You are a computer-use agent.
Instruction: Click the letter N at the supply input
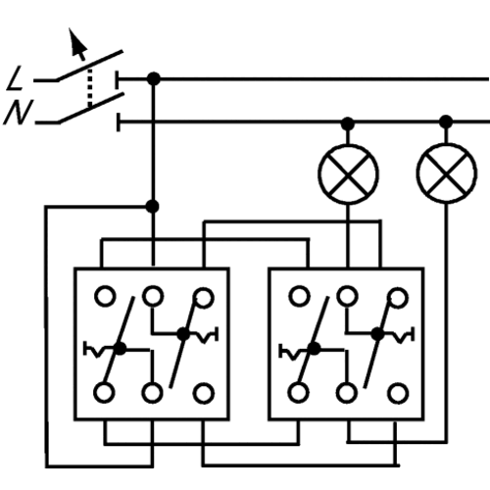click(18, 112)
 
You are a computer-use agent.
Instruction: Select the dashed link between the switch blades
click(90, 87)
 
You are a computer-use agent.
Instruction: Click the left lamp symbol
click(348, 174)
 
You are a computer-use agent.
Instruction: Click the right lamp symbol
click(446, 173)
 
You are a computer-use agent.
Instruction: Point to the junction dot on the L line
click(154, 78)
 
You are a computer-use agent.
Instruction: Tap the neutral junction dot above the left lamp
click(348, 123)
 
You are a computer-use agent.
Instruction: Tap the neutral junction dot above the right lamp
click(446, 122)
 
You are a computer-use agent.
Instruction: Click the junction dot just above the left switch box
click(152, 207)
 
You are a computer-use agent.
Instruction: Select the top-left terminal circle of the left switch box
click(105, 296)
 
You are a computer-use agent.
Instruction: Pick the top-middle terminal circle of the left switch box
click(153, 297)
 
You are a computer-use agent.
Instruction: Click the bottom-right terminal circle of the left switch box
click(204, 393)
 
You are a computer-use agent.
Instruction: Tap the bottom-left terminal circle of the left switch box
click(104, 392)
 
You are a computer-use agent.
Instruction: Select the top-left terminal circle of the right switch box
click(299, 296)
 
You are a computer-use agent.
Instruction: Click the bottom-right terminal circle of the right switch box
click(398, 393)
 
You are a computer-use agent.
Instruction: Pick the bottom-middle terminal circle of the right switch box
click(347, 393)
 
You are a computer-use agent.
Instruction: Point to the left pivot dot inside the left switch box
click(121, 348)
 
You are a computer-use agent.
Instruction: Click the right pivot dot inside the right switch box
click(378, 334)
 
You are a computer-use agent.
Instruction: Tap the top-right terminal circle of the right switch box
click(398, 298)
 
